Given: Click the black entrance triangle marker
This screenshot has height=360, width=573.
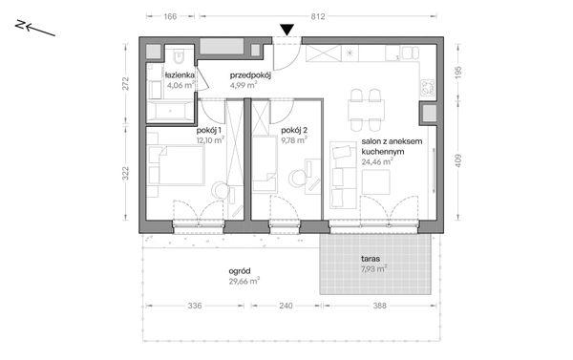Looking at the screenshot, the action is pyautogui.click(x=287, y=30).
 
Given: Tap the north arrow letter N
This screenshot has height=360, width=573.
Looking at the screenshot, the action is pyautogui.click(x=20, y=25).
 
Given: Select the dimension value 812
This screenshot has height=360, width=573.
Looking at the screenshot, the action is pyautogui.click(x=318, y=16).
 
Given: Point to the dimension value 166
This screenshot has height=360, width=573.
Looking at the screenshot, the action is pyautogui.click(x=170, y=16).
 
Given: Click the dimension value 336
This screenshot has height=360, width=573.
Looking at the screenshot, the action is pyautogui.click(x=195, y=306).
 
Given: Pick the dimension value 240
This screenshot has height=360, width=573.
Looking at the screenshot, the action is pyautogui.click(x=286, y=306).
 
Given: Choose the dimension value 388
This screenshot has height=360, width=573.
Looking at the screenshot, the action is pyautogui.click(x=380, y=306).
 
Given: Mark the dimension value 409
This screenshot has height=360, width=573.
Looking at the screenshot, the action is pyautogui.click(x=458, y=160).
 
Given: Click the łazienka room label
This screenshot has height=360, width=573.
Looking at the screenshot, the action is pyautogui.click(x=180, y=75).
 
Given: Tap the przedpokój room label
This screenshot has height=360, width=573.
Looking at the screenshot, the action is pyautogui.click(x=250, y=76).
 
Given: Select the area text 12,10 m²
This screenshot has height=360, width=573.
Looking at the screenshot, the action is pyautogui.click(x=210, y=139).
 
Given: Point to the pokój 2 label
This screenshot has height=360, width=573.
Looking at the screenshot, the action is pyautogui.click(x=294, y=131).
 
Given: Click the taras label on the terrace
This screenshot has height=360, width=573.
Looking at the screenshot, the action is pyautogui.click(x=371, y=259).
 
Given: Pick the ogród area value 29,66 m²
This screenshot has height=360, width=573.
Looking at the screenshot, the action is pyautogui.click(x=244, y=281).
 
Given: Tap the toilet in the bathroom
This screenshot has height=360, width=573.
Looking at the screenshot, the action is pyautogui.click(x=180, y=56).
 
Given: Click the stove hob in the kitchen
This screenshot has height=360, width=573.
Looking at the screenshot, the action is pyautogui.click(x=428, y=88).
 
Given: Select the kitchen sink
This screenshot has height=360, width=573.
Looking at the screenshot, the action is pyautogui.click(x=411, y=53).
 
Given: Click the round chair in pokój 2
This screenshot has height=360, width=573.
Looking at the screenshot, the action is pyautogui.click(x=297, y=178).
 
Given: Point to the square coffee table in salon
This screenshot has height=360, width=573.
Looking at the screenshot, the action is pyautogui.click(x=375, y=182).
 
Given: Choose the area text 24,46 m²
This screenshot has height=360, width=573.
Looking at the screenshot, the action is pyautogui.click(x=377, y=161).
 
